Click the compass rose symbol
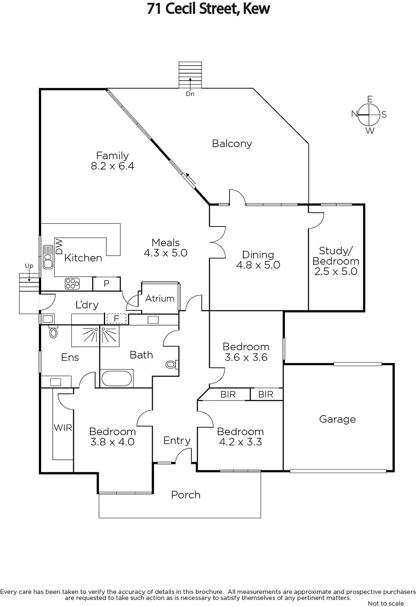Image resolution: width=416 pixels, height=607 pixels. click(x=369, y=115)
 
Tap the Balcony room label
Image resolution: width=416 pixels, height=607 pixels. click(x=232, y=143)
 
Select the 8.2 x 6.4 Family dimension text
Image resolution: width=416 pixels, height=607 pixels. click(x=112, y=166)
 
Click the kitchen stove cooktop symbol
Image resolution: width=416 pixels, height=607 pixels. click(x=72, y=283)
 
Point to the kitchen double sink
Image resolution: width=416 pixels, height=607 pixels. click(x=48, y=257)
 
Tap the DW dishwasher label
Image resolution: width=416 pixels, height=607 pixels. click(x=59, y=246)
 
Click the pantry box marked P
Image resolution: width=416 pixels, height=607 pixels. click(x=106, y=283)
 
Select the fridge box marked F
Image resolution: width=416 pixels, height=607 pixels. click(x=117, y=319)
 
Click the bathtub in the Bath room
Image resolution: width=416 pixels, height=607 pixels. click(x=117, y=378)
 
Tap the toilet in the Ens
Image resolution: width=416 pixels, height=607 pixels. click(x=54, y=332)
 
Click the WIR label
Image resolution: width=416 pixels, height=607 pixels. click(x=63, y=428)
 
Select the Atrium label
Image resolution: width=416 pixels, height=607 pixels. click(x=160, y=299)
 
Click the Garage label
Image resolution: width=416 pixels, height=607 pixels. click(x=337, y=419)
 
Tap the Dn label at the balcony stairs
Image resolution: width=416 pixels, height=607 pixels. click(x=190, y=94)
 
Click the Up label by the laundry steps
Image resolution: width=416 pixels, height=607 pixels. click(x=29, y=266)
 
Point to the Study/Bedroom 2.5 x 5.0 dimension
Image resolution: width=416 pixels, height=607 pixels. click(x=336, y=271)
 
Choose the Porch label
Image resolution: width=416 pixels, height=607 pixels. click(x=186, y=495)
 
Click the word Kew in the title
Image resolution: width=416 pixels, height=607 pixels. click(x=256, y=9)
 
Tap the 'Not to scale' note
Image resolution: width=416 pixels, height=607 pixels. click(x=386, y=603)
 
